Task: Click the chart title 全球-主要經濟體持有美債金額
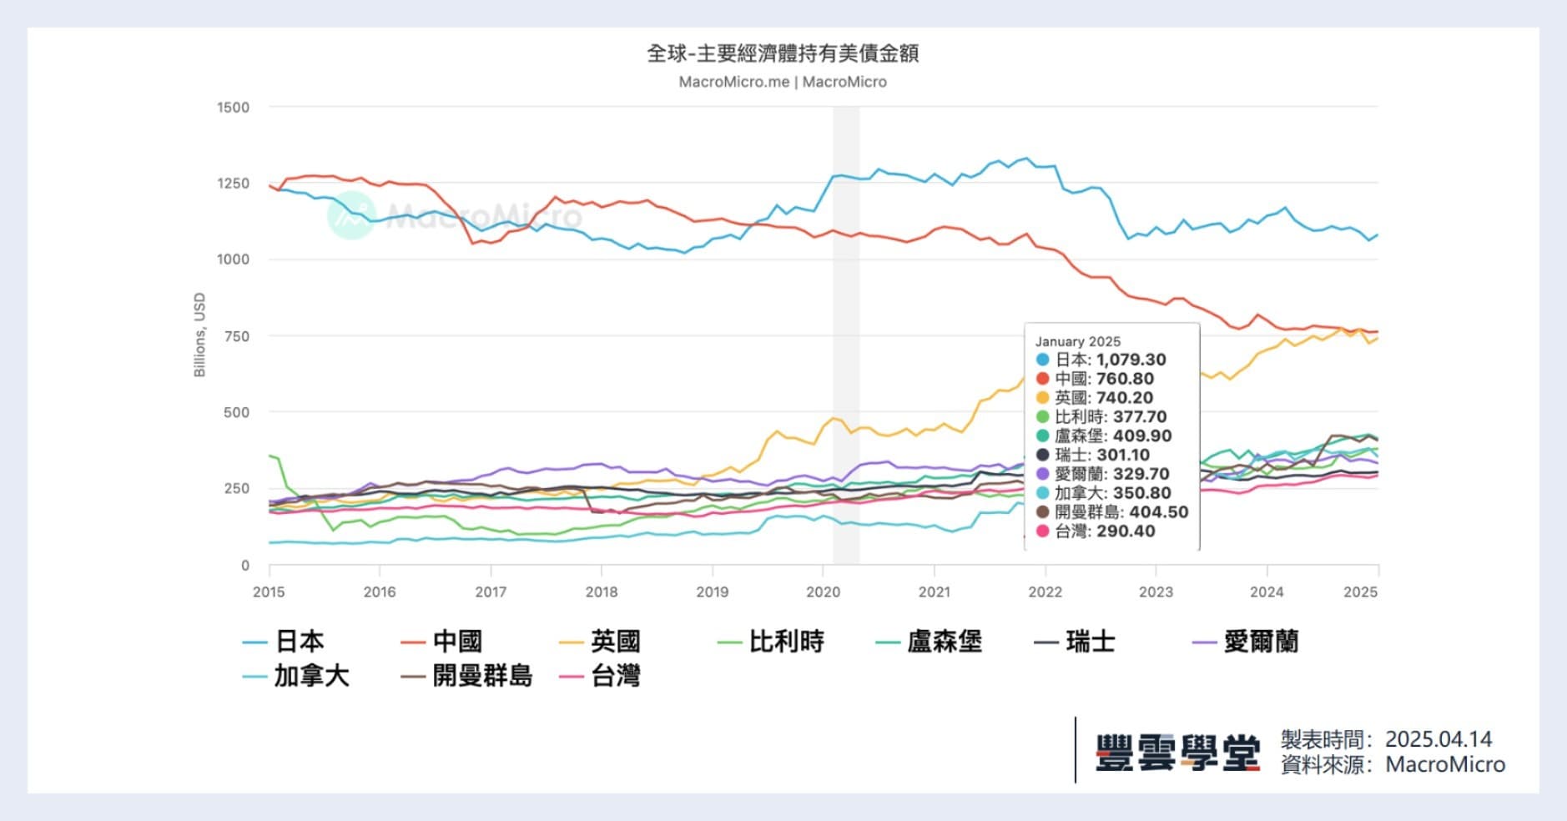click(x=783, y=53)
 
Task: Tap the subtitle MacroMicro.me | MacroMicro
click(x=783, y=82)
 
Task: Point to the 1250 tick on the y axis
click(x=233, y=184)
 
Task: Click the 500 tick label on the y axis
click(x=236, y=412)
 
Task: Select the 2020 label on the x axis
click(x=823, y=592)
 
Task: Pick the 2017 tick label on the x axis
click(x=491, y=592)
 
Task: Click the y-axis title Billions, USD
click(x=199, y=335)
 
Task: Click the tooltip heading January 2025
click(x=1077, y=341)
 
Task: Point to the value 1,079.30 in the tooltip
click(x=1131, y=360)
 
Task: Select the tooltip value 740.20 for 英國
click(x=1124, y=398)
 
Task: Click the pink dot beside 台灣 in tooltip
click(x=1042, y=531)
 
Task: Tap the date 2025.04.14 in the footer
click(x=1438, y=739)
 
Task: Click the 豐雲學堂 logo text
click(x=1177, y=753)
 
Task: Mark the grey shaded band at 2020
click(x=846, y=334)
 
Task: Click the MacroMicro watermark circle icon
click(x=350, y=215)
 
